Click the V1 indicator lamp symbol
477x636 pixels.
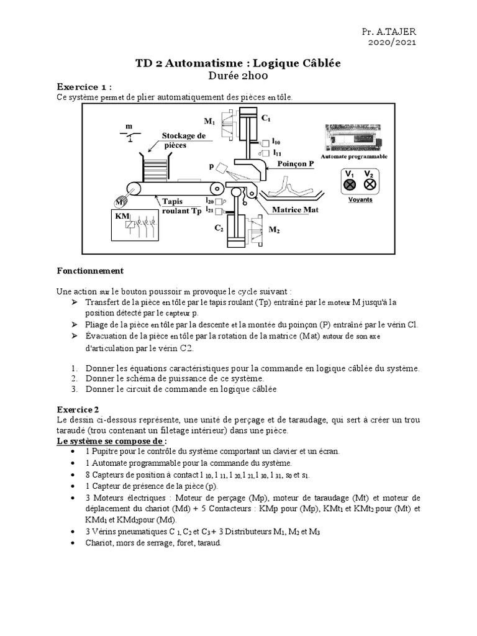(x=350, y=184)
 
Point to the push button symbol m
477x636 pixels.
(x=129, y=134)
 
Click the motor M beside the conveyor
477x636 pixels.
(x=120, y=202)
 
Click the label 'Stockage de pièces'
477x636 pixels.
(x=183, y=140)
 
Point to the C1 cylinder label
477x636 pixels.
(x=265, y=117)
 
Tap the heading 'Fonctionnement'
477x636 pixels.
(x=90, y=271)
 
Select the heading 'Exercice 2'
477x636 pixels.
(x=78, y=410)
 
